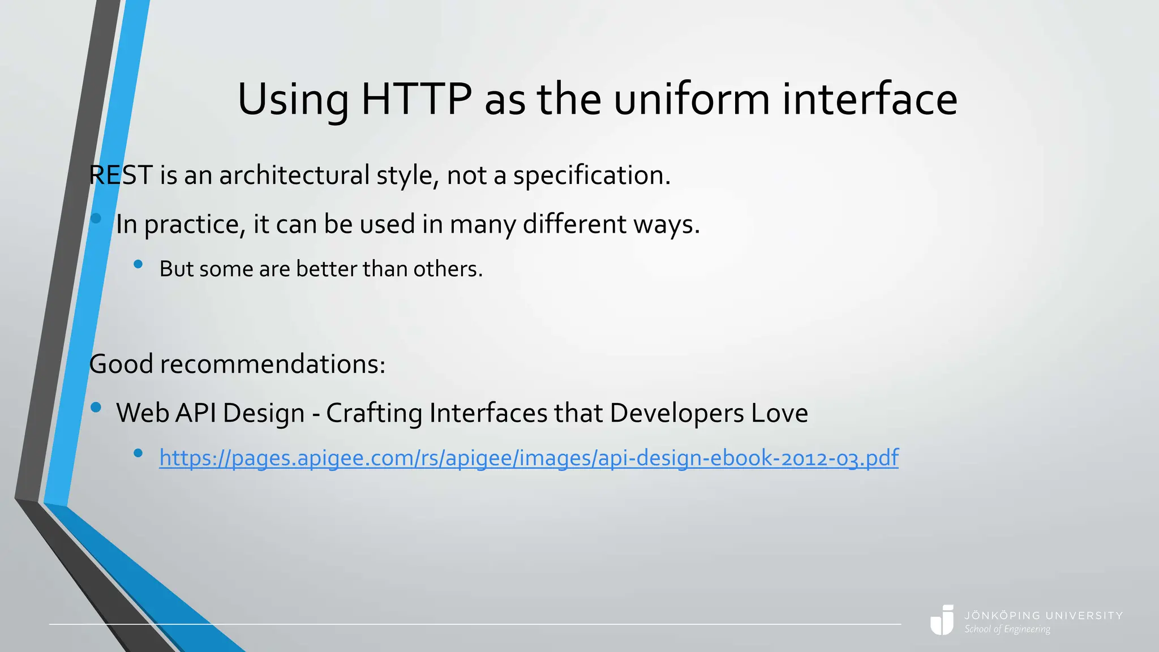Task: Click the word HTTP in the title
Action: tap(416, 100)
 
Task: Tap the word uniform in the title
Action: tap(692, 100)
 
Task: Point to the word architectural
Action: tap(294, 175)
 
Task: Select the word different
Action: tap(574, 224)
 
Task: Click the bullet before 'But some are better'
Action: tap(138, 264)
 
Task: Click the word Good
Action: tap(121, 364)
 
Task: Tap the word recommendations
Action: tap(272, 364)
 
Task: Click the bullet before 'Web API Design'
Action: tap(96, 407)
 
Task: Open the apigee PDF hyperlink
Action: tap(529, 458)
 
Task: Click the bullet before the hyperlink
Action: tap(138, 453)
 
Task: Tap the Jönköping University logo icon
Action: tap(942, 620)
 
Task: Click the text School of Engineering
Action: tap(1007, 629)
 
